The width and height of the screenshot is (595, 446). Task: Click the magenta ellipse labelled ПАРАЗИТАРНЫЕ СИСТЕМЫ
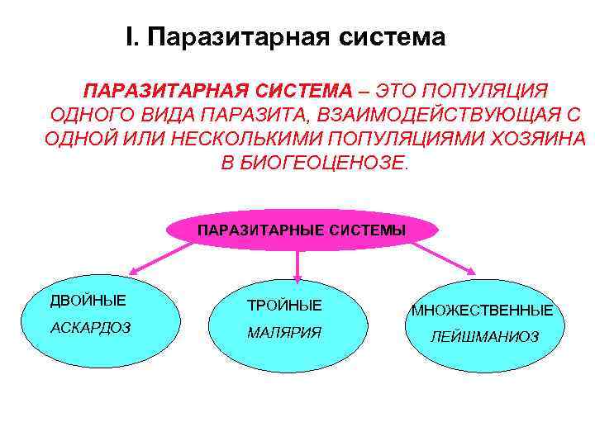tap(302, 230)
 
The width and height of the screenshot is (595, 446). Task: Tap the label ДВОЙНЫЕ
tap(88, 300)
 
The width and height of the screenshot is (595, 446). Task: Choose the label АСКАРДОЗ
tap(91, 327)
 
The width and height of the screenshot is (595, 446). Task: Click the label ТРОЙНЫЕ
tap(285, 306)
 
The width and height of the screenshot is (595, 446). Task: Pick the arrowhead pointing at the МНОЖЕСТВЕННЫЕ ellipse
tap(472, 269)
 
